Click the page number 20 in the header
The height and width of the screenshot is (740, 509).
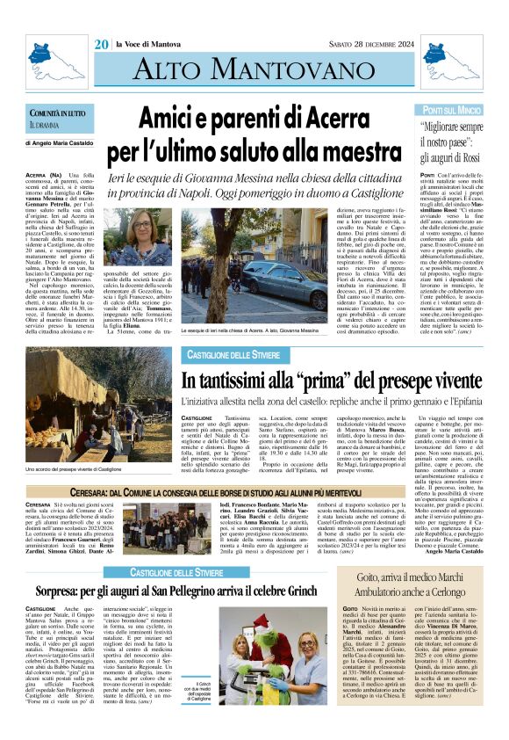coord(101,45)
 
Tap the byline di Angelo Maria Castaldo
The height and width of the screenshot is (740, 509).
coord(65,165)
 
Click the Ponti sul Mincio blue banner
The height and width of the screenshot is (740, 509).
coord(452,111)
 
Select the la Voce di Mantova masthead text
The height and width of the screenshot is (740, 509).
coord(147,45)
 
